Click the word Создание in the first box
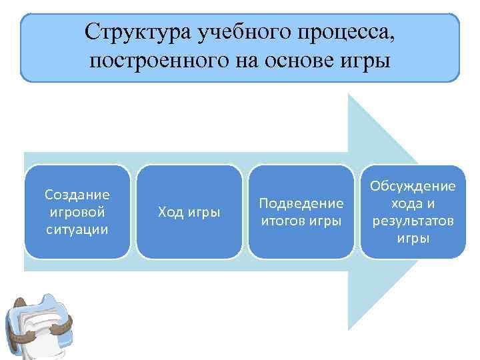tap(77, 195)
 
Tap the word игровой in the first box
tap(77, 212)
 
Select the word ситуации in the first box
tap(77, 229)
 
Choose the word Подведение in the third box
tap(301, 203)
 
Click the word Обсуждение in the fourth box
tap(413, 186)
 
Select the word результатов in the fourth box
tap(413, 221)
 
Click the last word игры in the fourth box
tap(413, 238)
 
